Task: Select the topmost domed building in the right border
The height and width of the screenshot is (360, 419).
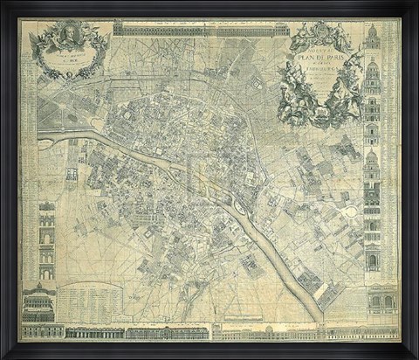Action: (x=373, y=37)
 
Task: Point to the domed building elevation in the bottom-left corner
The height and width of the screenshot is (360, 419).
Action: (x=39, y=301)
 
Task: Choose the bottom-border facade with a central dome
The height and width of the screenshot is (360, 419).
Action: (x=271, y=331)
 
